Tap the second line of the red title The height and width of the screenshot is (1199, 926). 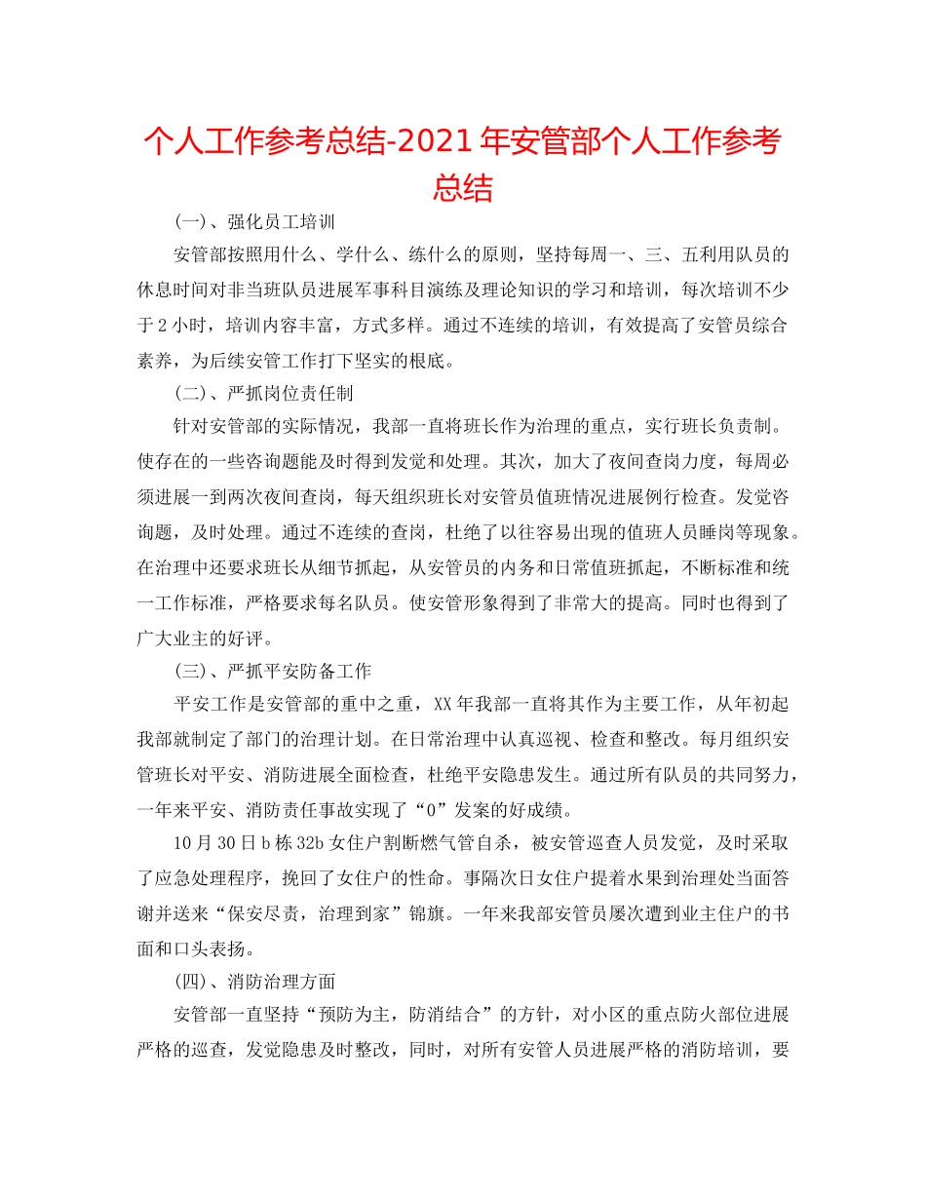(462, 186)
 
